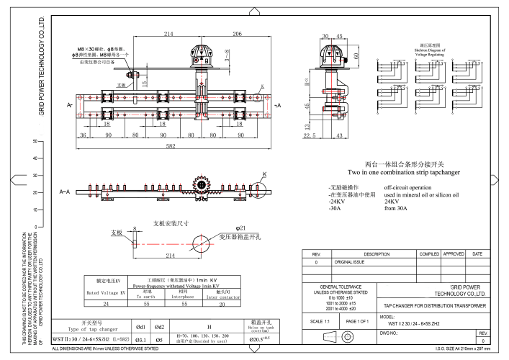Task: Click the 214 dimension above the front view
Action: coord(168,34)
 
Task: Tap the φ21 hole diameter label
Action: coord(220,228)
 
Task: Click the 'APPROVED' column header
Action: coord(454,254)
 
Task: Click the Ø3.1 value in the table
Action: coord(143,338)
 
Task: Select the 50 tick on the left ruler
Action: coord(34,142)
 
